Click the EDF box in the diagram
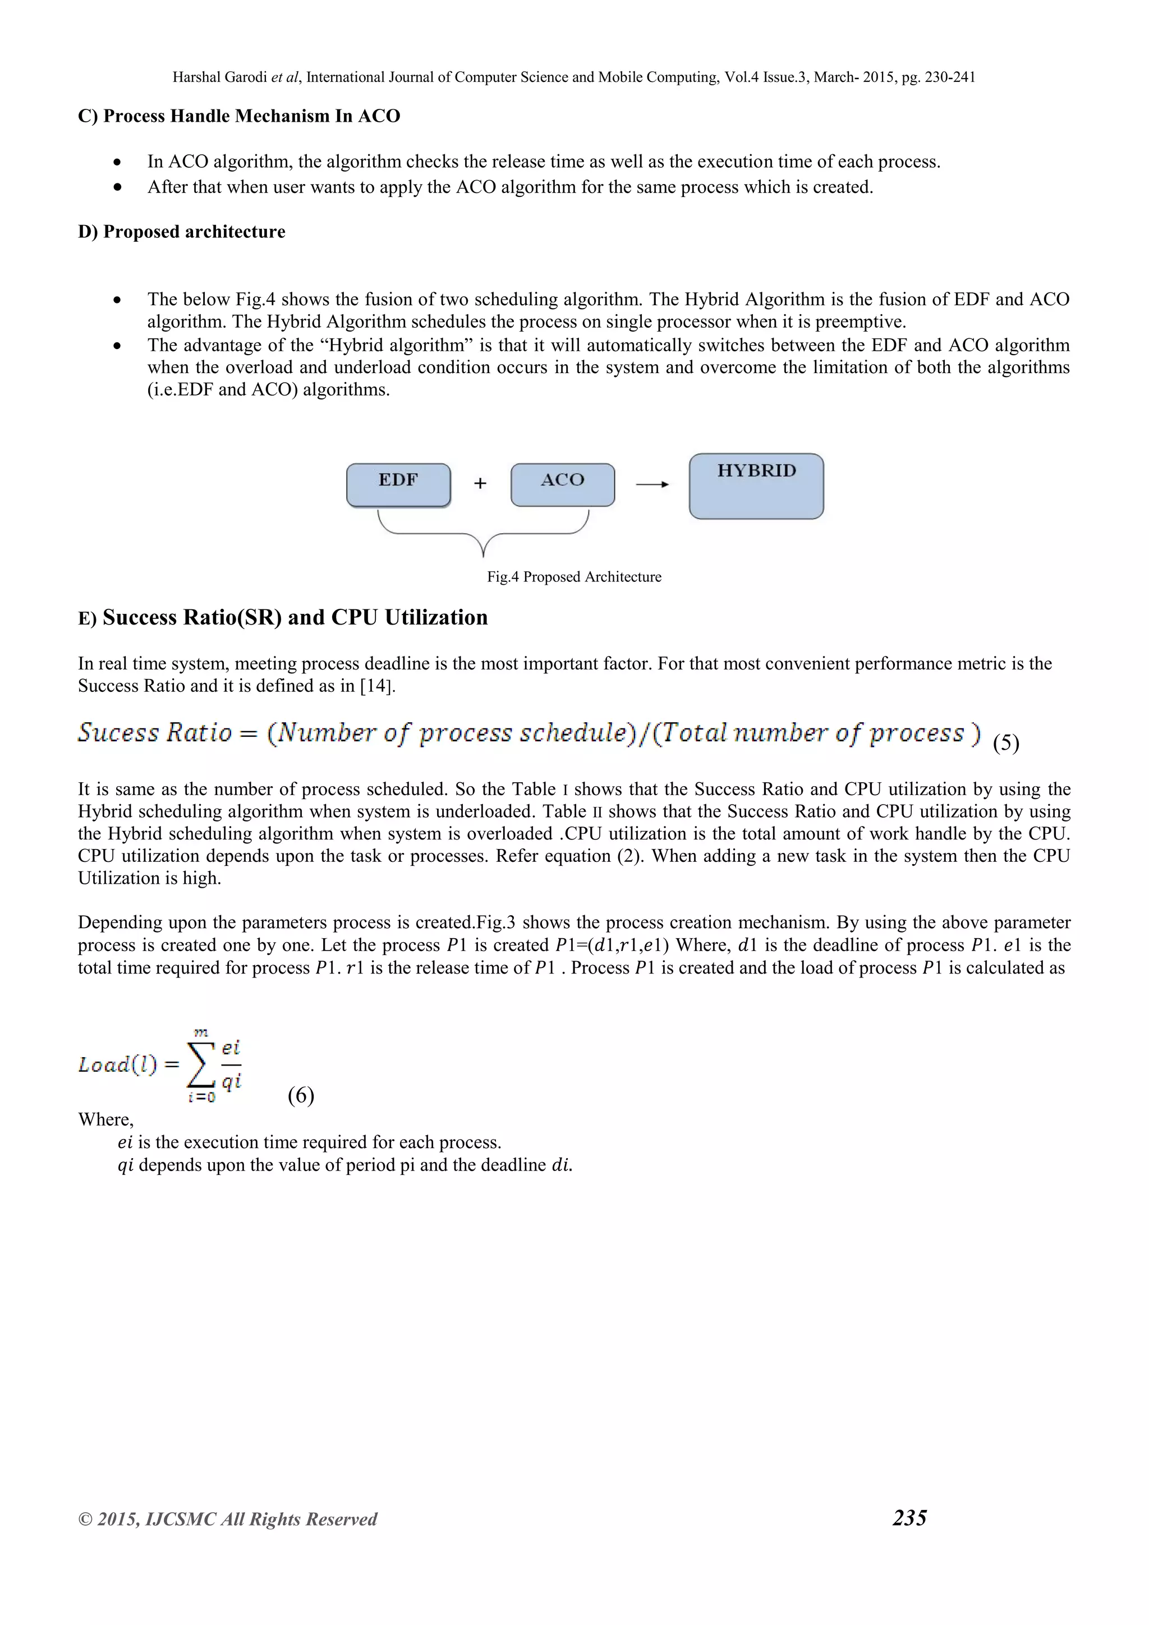click(398, 485)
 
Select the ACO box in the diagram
click(563, 485)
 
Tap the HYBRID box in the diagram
click(756, 486)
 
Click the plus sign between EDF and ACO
click(480, 483)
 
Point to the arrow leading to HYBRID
click(651, 484)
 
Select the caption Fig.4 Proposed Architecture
click(574, 577)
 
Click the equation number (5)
click(1005, 742)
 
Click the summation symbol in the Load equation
click(201, 1065)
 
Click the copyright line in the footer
click(227, 1519)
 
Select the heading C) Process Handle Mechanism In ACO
click(239, 116)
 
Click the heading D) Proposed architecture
click(182, 232)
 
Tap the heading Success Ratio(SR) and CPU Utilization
click(295, 617)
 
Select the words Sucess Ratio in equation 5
click(155, 732)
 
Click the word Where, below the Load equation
click(105, 1119)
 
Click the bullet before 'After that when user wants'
click(117, 187)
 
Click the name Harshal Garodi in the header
click(220, 77)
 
